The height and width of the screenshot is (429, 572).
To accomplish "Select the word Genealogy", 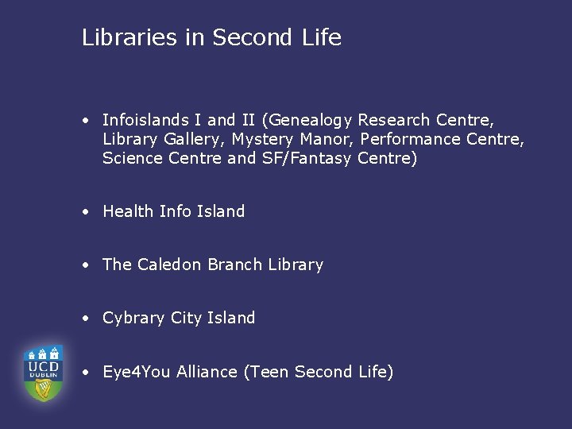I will point(311,121).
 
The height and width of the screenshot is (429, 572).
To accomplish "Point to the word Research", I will point(394,121).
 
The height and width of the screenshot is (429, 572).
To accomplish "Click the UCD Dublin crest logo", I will point(43,373).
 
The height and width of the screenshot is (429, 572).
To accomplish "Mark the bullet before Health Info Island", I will point(84,212).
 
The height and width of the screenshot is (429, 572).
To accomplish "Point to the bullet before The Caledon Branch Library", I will point(84,265).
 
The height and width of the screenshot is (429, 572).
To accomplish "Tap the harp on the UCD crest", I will point(43,388).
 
